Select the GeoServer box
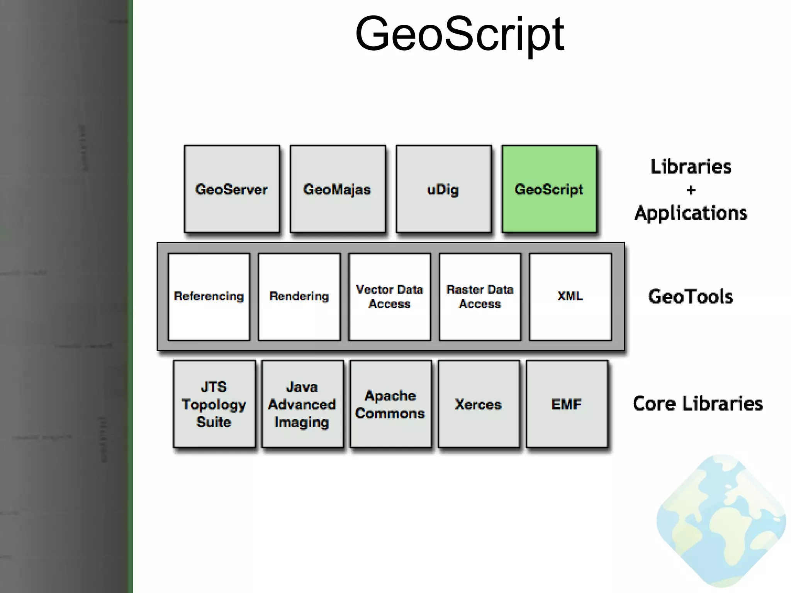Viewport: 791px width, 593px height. pos(232,189)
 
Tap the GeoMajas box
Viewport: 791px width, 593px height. pos(338,189)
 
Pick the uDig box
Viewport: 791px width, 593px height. pos(443,189)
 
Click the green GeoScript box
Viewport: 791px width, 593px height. pos(549,189)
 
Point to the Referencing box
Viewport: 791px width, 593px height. pos(209,296)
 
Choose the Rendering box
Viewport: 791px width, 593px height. pos(299,296)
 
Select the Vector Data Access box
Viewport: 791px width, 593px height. pos(390,296)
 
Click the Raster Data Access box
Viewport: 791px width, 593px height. pos(480,296)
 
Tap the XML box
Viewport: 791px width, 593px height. pos(570,296)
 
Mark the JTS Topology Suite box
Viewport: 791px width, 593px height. pos(214,404)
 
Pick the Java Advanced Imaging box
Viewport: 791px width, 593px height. pos(302,404)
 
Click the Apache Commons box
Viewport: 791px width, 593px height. pos(390,404)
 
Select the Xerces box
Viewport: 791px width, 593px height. pos(479,404)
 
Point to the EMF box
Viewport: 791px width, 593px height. pos(567,404)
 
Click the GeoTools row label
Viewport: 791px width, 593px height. pos(691,296)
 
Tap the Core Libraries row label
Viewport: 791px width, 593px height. pos(698,403)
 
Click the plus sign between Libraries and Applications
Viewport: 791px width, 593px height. pos(691,190)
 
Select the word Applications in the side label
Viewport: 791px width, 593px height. pos(691,213)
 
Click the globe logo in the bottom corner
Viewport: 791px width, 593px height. pos(721,521)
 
